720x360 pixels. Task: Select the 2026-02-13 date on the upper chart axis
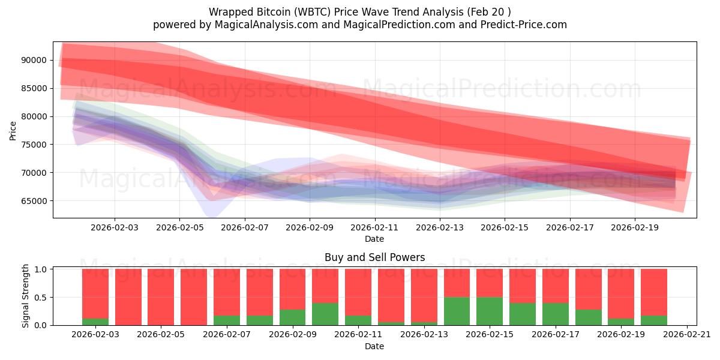coord(440,228)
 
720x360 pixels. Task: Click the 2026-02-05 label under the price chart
coord(179,228)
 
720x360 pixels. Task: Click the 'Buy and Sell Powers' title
coord(374,257)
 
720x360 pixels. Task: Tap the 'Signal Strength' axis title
coord(26,296)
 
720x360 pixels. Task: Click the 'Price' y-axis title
coord(13,130)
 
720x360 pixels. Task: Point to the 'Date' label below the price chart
coord(374,239)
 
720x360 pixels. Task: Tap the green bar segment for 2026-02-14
coord(457,311)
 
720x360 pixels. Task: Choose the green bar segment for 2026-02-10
coord(325,314)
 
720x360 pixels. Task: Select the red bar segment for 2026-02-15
coord(490,283)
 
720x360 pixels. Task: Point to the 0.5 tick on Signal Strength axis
coord(41,298)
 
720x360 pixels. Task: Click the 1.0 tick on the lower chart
coord(41,269)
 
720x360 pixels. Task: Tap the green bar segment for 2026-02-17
coord(555,314)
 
